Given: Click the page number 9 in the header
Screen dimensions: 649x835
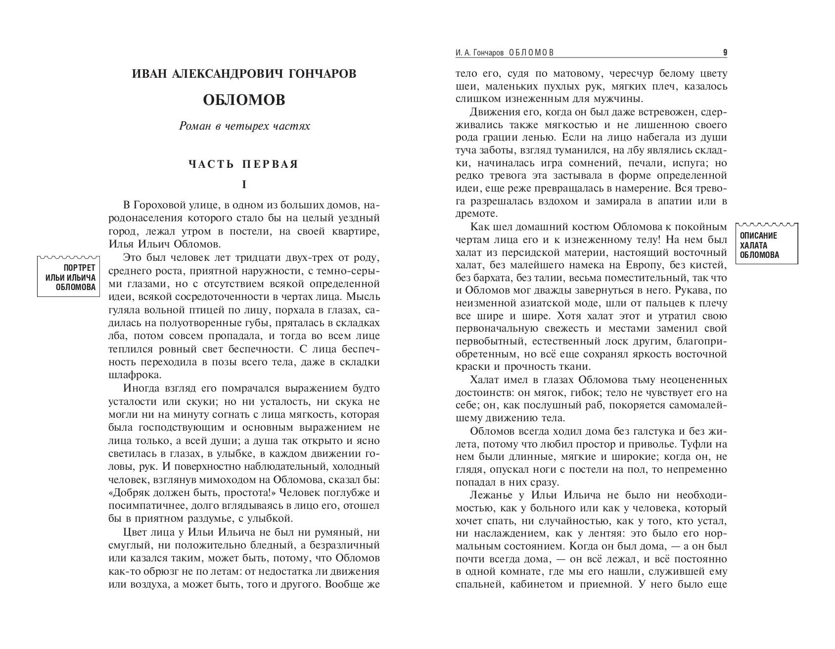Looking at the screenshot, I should pyautogui.click(x=725, y=52).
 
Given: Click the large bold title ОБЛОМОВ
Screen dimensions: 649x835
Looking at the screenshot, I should pyautogui.click(x=244, y=100).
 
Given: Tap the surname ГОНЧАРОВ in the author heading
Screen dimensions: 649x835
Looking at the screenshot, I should pyautogui.click(x=321, y=74).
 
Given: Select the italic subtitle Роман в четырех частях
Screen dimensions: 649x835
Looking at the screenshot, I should pyautogui.click(x=244, y=126).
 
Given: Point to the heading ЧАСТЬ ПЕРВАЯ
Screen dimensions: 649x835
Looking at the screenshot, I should pyautogui.click(x=243, y=164).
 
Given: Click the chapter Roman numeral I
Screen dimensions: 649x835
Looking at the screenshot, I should pyautogui.click(x=244, y=185).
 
